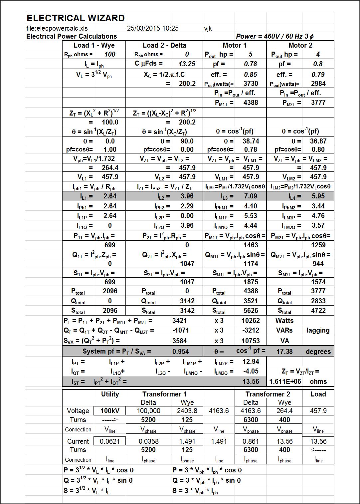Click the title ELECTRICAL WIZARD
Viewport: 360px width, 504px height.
click(76, 18)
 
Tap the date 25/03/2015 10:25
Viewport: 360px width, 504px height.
click(153, 28)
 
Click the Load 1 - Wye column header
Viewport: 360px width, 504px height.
click(94, 45)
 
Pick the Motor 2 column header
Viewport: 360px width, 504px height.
click(300, 45)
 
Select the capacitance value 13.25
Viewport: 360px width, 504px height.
click(187, 64)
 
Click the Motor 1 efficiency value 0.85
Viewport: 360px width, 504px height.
click(251, 75)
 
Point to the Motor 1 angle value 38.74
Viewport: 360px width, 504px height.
click(251, 141)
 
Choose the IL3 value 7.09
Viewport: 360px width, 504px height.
click(251, 196)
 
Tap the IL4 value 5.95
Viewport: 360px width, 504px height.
click(318, 196)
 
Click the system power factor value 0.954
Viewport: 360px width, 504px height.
click(181, 352)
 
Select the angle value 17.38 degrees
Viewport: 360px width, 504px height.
click(284, 352)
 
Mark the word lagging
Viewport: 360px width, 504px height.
click(318, 331)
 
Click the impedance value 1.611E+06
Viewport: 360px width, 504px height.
click(285, 381)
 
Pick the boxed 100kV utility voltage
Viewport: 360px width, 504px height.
click(110, 411)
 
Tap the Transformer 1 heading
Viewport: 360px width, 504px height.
click(164, 394)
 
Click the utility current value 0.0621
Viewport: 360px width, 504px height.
click(110, 441)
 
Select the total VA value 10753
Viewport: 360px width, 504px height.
click(251, 341)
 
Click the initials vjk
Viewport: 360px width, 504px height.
click(208, 28)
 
